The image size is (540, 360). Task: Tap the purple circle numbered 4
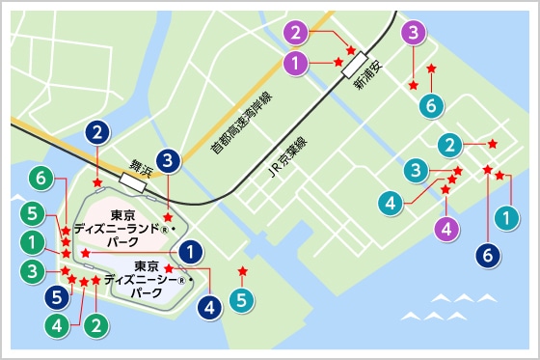tap(445, 229)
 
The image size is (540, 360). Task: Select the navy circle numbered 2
tap(96, 130)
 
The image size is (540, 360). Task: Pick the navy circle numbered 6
tap(488, 256)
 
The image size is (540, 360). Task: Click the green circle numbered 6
tap(39, 179)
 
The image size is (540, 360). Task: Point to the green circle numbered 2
tap(94, 324)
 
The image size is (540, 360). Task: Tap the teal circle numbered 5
tap(242, 300)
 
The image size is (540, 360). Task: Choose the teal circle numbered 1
tap(504, 221)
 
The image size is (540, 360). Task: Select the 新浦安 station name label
tap(367, 84)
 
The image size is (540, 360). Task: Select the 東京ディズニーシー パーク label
tap(146, 278)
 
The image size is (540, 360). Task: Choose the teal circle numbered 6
tap(431, 104)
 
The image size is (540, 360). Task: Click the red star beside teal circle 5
tap(242, 270)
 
